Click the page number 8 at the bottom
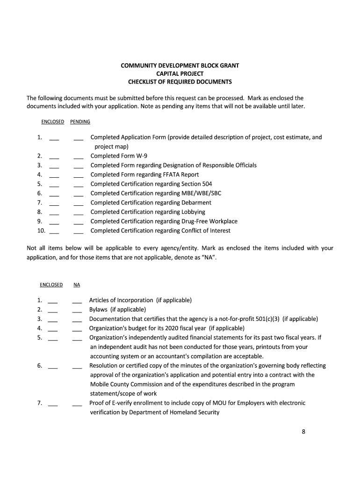(303, 432)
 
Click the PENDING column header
(80, 122)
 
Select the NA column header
(77, 284)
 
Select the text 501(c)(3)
(268, 319)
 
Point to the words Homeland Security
(195, 412)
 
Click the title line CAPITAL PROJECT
(180, 73)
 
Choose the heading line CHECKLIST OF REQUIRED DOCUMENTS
(180, 82)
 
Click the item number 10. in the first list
(41, 231)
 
